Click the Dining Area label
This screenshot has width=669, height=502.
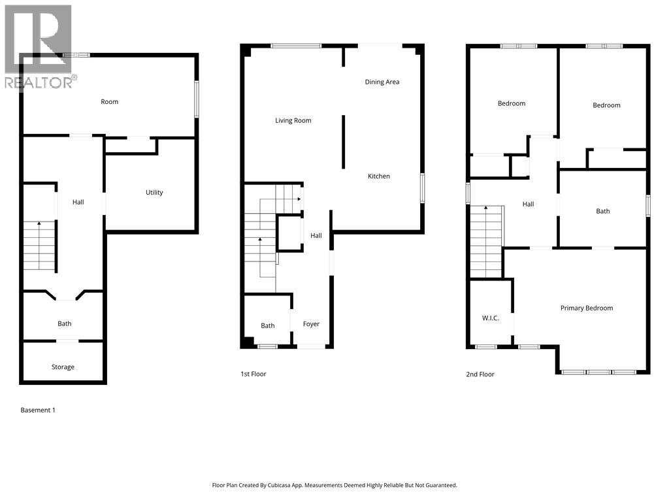coord(382,82)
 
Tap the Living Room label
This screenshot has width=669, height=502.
coord(293,120)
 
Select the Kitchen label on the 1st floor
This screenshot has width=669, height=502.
coord(379,176)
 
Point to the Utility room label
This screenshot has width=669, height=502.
coord(154,192)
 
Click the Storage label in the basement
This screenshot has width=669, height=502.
coord(63,367)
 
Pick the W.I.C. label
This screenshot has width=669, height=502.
coord(491,318)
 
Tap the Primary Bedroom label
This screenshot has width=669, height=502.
coord(587,308)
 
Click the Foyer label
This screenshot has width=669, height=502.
coord(311,324)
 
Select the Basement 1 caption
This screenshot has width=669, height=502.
coord(38,410)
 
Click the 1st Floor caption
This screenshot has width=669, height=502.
coord(253,375)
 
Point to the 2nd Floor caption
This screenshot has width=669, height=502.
coord(480,375)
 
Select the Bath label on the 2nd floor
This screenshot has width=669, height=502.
coord(603,211)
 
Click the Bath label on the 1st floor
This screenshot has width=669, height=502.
coord(268,326)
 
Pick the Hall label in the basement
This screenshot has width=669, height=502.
coord(78,203)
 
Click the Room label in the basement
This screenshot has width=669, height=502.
coord(110,102)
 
